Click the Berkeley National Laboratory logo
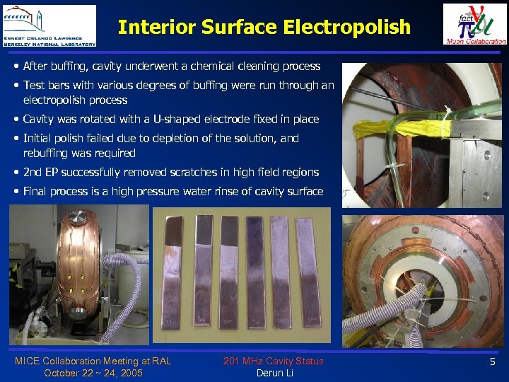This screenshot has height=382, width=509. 49,25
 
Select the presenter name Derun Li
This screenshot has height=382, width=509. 274,373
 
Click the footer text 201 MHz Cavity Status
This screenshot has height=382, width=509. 273,361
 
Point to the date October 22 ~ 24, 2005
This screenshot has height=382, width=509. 93,373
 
